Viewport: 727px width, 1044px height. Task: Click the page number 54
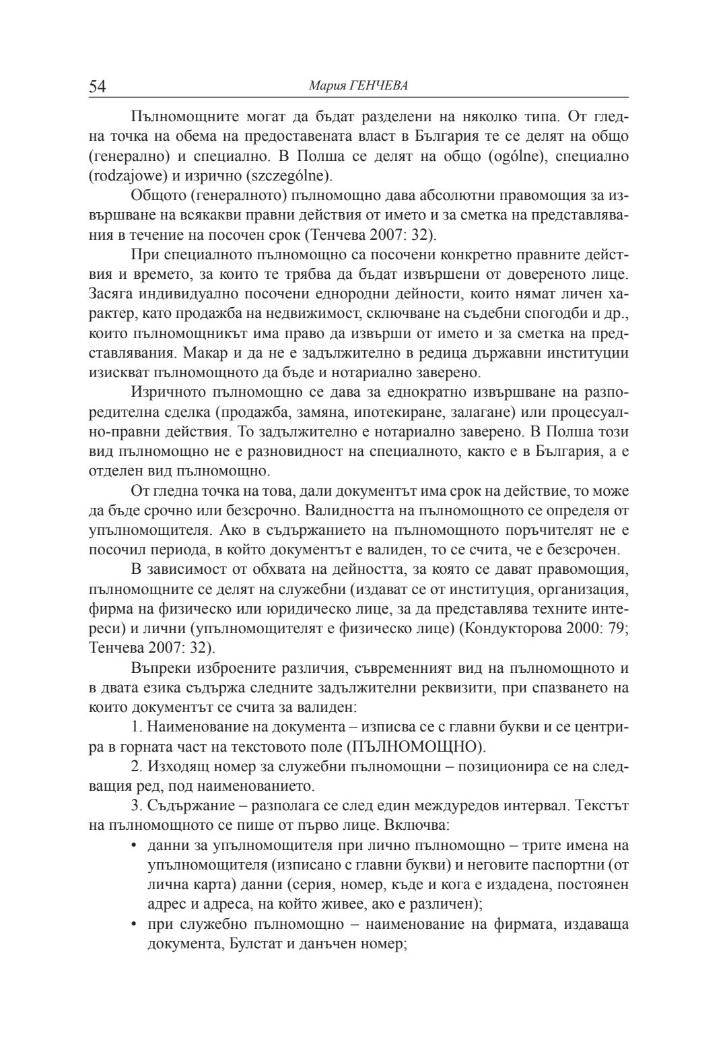coord(98,87)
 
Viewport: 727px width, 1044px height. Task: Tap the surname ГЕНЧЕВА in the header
coord(378,87)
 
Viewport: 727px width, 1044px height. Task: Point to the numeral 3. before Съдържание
coord(137,806)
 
